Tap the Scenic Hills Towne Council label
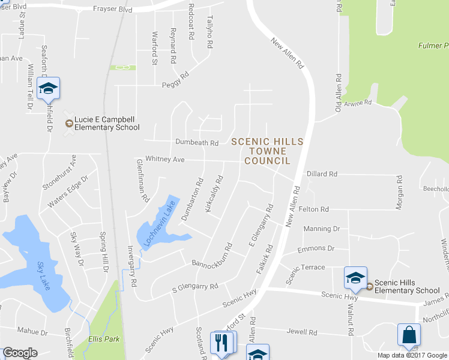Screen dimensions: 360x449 coord(267,151)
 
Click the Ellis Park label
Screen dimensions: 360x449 coord(104,339)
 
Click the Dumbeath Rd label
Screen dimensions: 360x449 coord(196,143)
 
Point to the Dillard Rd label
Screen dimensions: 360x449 coord(322,174)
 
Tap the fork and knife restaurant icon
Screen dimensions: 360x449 coord(220,343)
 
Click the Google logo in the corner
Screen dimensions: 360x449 coord(20,353)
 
